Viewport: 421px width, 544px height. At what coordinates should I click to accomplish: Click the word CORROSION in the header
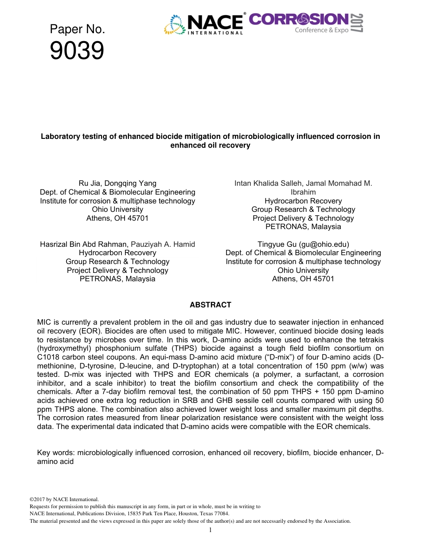pyautogui.click(x=299, y=19)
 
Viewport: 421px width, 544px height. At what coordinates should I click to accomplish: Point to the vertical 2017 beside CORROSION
pyautogui.click(x=358, y=23)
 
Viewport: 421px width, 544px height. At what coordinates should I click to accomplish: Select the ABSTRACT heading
pyautogui.click(x=210, y=305)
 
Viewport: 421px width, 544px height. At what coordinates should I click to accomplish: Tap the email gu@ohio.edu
pyautogui.click(x=324, y=244)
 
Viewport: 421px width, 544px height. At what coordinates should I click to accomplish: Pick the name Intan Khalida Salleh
pyautogui.click(x=268, y=184)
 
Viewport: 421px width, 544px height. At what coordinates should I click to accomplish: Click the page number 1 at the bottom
pyautogui.click(x=210, y=530)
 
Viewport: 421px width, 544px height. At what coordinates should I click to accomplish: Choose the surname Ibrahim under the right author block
pyautogui.click(x=303, y=192)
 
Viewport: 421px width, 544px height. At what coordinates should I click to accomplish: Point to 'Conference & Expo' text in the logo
pyautogui.click(x=322, y=30)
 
